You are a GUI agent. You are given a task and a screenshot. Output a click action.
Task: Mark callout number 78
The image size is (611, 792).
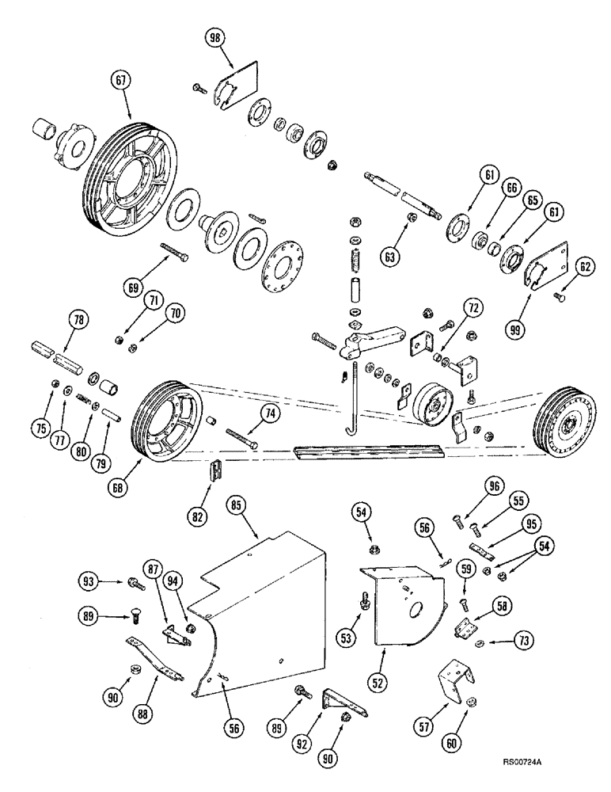pos(78,321)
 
